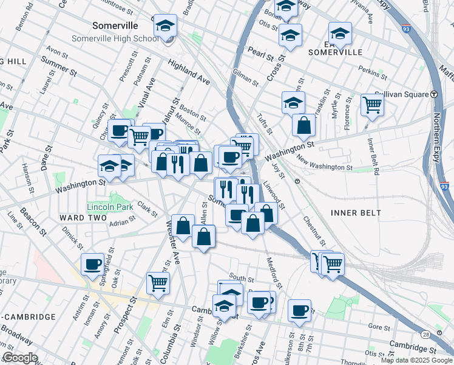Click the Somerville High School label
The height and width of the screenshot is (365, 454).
point(115,38)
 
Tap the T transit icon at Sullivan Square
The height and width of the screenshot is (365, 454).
point(435,94)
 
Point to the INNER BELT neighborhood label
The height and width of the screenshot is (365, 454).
point(356,212)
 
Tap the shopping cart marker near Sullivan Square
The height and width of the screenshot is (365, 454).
point(372,105)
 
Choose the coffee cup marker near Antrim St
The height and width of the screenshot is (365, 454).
point(93,265)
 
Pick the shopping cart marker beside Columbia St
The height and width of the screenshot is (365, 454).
point(158,283)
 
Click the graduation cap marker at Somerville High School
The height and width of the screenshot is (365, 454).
point(165,26)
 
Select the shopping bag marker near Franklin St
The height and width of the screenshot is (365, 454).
point(303,125)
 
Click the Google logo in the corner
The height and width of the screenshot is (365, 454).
point(20,358)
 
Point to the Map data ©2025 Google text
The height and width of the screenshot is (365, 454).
point(416,360)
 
